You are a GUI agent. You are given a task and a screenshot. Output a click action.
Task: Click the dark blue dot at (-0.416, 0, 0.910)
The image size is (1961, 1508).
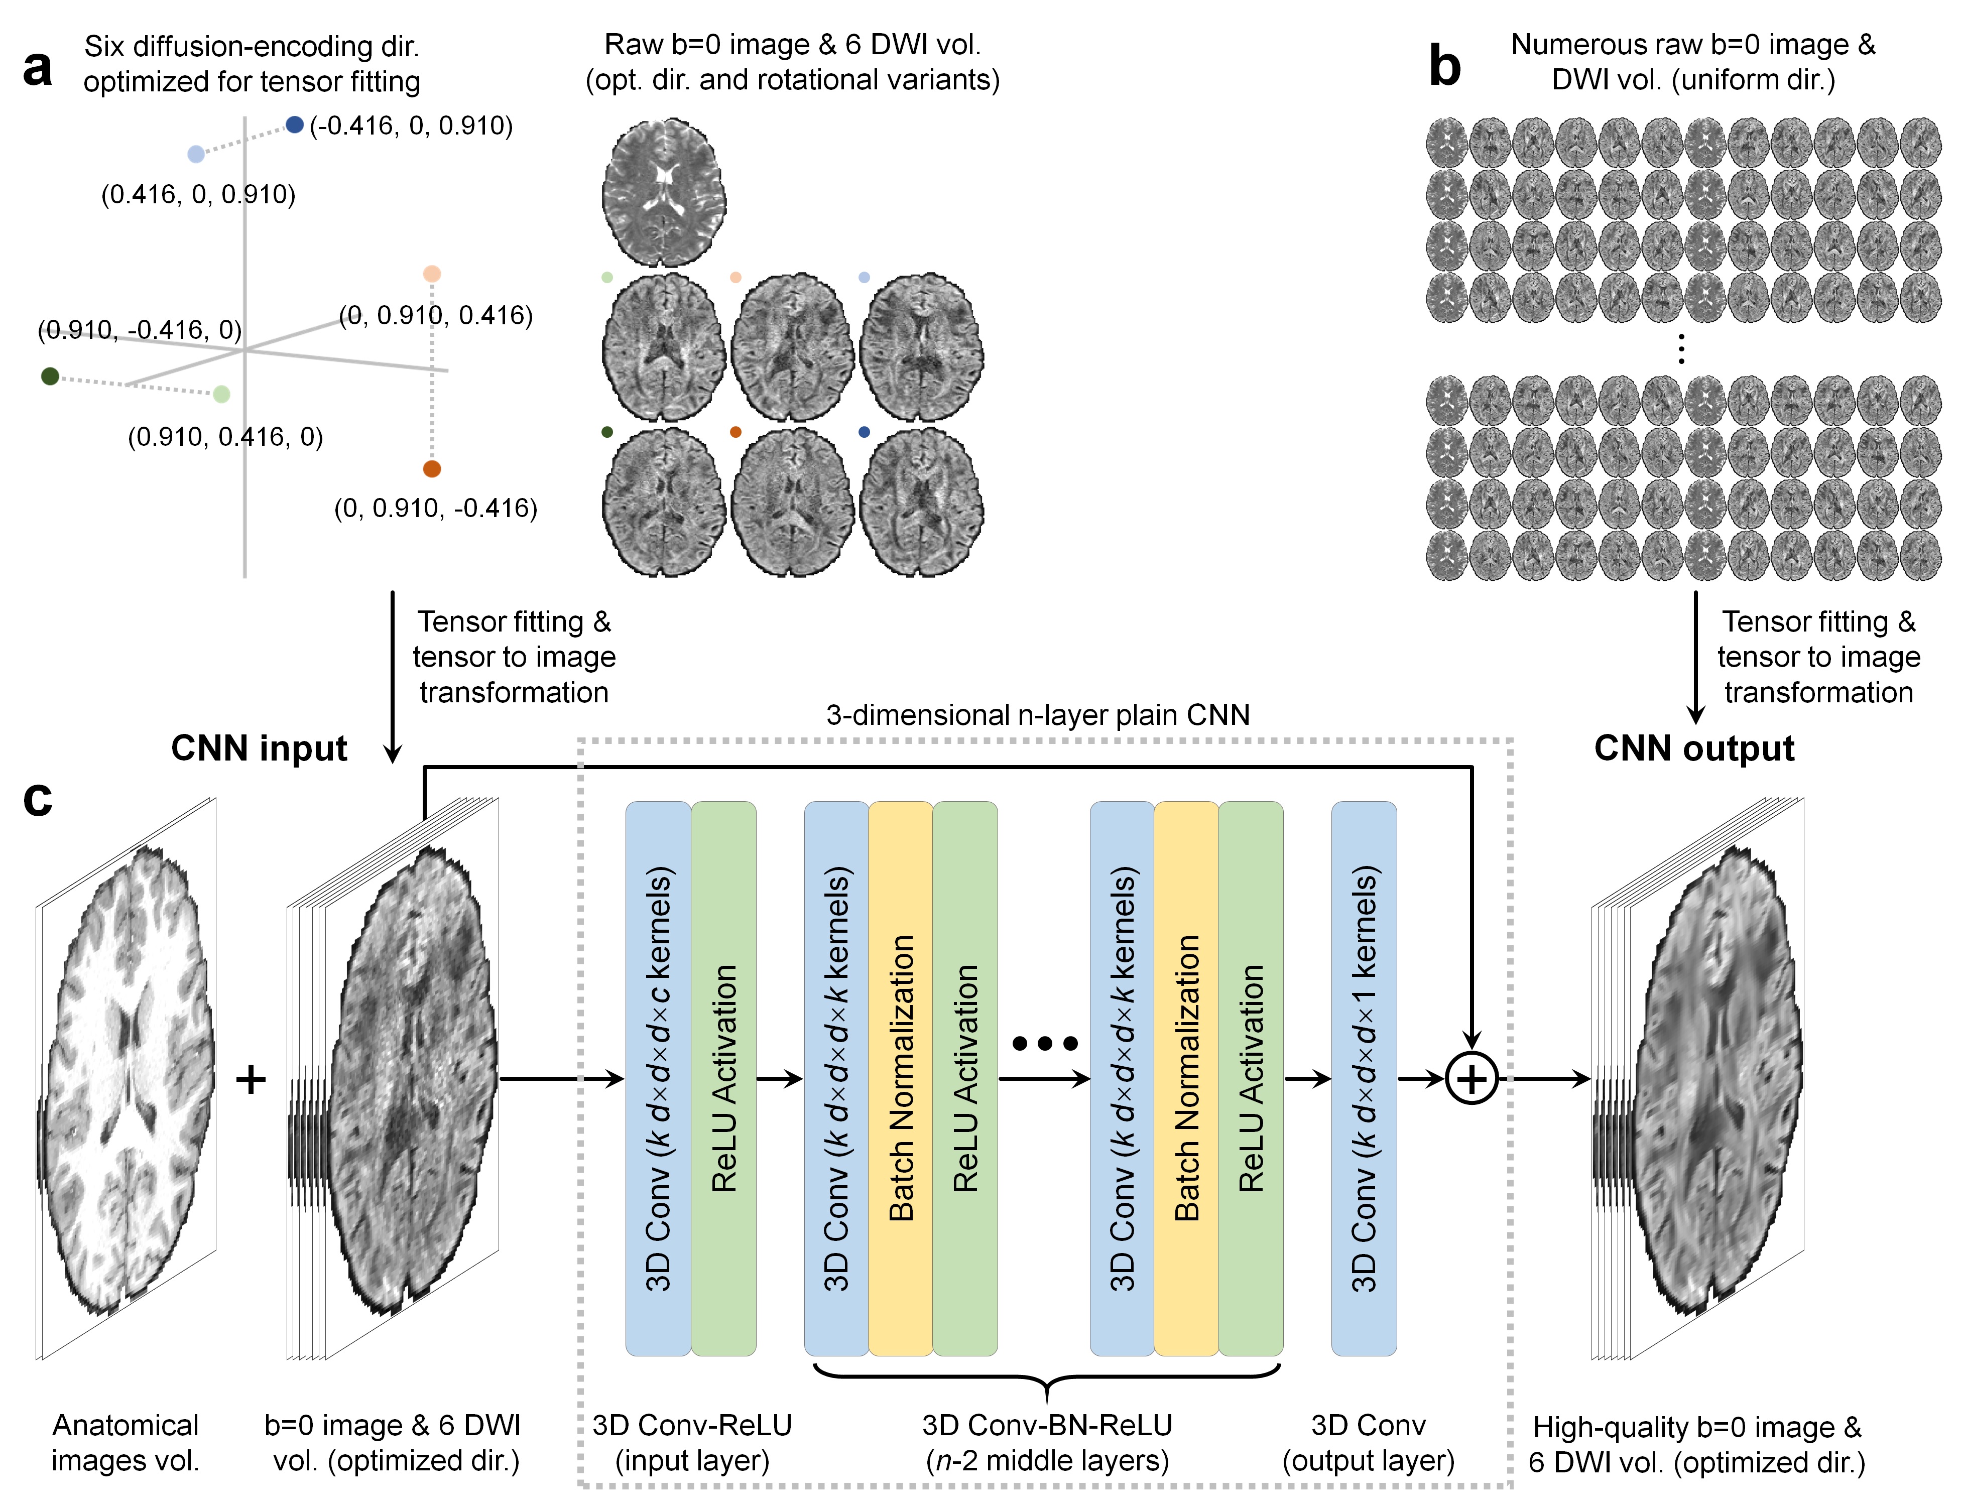[294, 125]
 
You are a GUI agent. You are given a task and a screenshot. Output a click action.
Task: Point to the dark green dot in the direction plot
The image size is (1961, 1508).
[50, 376]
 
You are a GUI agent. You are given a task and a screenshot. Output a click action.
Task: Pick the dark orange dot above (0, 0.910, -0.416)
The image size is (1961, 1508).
[432, 468]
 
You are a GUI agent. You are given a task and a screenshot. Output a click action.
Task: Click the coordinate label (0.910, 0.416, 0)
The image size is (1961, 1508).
[225, 437]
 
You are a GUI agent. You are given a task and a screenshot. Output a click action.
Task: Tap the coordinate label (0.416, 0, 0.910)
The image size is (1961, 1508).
[198, 195]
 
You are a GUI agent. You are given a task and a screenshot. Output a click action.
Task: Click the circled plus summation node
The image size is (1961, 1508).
[1472, 1079]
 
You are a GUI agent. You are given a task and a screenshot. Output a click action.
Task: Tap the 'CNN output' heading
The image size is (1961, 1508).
[1693, 747]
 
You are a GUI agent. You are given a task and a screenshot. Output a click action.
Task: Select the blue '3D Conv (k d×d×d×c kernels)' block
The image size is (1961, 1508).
[658, 1077]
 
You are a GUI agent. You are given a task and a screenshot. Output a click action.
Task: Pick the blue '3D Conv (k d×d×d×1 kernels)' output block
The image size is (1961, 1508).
[1363, 1077]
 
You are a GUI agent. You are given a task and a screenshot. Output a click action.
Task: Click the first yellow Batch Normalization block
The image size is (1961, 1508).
[900, 1077]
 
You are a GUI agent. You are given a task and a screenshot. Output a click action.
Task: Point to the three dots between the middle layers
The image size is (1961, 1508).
[1045, 1043]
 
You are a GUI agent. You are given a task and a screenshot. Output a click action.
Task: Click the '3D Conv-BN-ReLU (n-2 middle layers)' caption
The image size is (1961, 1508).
[1047, 1442]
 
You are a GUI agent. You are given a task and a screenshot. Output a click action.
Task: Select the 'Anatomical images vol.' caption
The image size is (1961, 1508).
[126, 1442]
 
